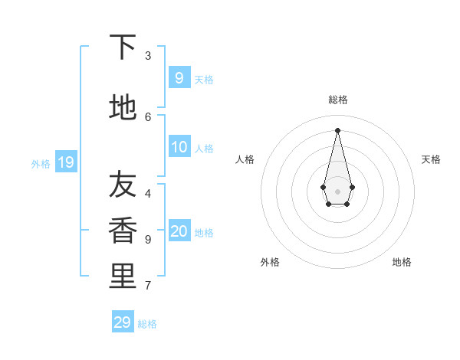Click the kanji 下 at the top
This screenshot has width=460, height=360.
tap(123, 47)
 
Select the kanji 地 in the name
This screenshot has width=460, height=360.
tap(123, 108)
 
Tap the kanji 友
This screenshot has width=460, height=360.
tap(123, 184)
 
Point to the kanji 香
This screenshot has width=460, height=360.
tap(123, 231)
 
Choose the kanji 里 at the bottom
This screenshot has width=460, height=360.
tap(123, 277)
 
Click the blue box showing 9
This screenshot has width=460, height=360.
tap(179, 78)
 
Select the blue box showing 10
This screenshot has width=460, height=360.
tap(179, 148)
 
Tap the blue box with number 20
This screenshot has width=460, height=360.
tap(179, 232)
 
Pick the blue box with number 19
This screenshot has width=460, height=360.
tap(65, 162)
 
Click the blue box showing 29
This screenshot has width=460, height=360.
tap(123, 322)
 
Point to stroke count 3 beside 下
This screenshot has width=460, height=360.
tap(148, 56)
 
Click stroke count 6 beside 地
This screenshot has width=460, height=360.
tap(148, 116)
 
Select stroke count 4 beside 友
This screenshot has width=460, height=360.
tap(148, 193)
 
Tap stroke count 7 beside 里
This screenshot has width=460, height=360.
tap(148, 286)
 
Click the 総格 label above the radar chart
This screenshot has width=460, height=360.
tap(338, 100)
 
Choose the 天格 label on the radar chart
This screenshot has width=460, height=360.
tap(431, 159)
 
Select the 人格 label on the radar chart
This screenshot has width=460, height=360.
tap(245, 159)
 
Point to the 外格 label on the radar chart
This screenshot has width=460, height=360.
tap(270, 262)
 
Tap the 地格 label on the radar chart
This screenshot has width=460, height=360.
tap(402, 262)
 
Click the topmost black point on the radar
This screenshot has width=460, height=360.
tap(337, 130)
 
